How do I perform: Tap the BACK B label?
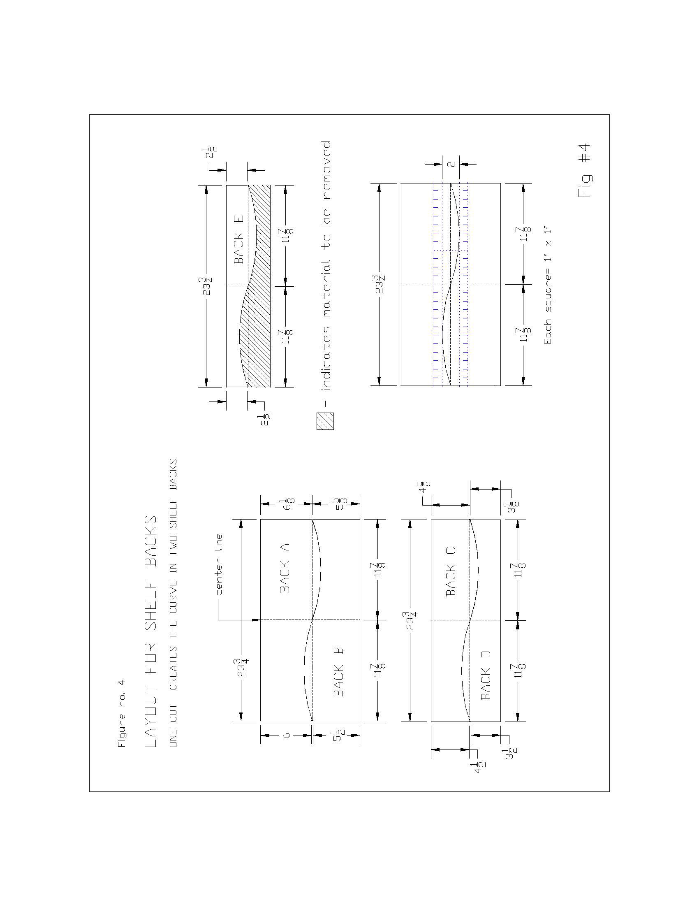coord(338,671)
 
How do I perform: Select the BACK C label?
coord(451,571)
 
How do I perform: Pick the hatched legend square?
coord(326,421)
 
